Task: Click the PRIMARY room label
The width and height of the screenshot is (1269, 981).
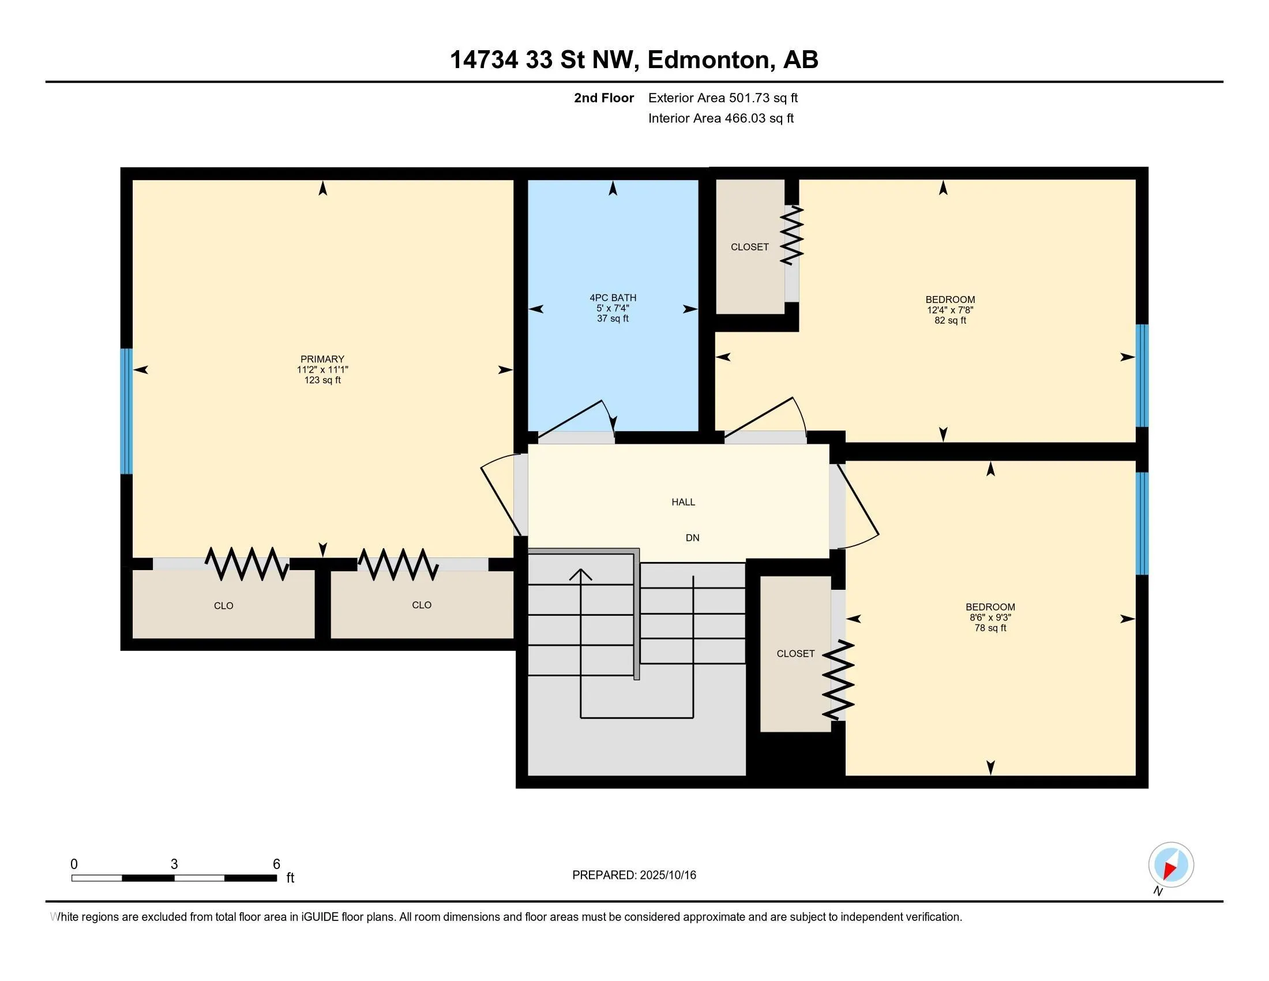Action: pyautogui.click(x=322, y=359)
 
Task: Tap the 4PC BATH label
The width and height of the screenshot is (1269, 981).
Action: pyautogui.click(x=613, y=298)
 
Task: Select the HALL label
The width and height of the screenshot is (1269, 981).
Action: pyautogui.click(x=684, y=502)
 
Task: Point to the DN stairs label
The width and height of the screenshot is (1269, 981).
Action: pyautogui.click(x=693, y=538)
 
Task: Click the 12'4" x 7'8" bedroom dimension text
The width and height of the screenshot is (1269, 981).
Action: pyautogui.click(x=951, y=310)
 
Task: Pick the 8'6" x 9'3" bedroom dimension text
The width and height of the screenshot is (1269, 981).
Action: pyautogui.click(x=990, y=618)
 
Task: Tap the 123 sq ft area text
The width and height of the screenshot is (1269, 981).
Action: pyautogui.click(x=322, y=380)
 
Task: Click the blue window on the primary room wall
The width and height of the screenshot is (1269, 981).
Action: pyautogui.click(x=126, y=411)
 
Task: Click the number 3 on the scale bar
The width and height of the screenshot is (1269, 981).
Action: pyautogui.click(x=174, y=864)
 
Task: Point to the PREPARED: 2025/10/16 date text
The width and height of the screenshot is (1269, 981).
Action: pyautogui.click(x=634, y=875)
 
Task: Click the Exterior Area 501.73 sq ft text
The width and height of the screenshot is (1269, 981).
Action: pyautogui.click(x=723, y=98)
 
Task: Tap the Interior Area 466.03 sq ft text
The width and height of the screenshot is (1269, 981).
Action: pyautogui.click(x=721, y=118)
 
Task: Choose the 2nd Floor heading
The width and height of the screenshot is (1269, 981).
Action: pyautogui.click(x=604, y=98)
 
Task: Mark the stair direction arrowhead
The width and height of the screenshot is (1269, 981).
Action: pyautogui.click(x=580, y=574)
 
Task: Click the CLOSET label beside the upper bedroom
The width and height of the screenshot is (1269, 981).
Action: pyautogui.click(x=749, y=247)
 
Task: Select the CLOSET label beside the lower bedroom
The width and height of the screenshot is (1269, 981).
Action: pyautogui.click(x=795, y=654)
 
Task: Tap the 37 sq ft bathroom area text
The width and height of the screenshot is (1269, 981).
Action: pyautogui.click(x=613, y=319)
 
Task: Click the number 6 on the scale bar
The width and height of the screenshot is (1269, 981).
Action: pyautogui.click(x=276, y=864)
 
